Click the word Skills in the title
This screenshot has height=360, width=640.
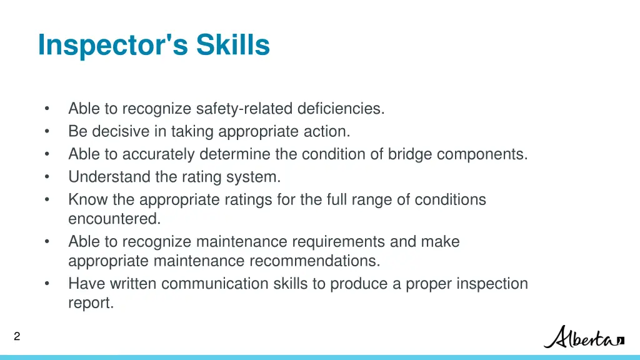233,45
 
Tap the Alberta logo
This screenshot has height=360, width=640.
584,337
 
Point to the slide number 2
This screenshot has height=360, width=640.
17,337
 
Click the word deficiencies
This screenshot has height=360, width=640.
341,109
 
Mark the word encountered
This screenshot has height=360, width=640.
114,219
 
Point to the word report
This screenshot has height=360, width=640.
91,304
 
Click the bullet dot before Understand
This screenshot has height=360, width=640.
47,177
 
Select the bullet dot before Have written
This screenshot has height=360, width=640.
47,284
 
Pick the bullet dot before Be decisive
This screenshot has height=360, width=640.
47,131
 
